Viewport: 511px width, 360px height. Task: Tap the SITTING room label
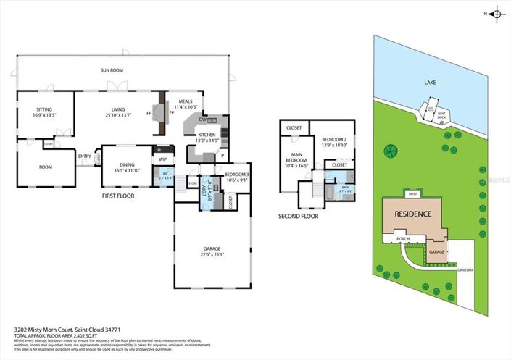44,109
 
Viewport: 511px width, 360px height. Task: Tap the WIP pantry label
163,159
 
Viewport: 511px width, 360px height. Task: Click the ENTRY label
85,155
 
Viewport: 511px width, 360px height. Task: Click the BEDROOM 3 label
237,175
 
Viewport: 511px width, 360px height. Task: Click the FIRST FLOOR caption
120,196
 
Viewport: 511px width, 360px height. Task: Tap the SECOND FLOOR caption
298,216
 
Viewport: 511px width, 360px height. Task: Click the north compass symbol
496,13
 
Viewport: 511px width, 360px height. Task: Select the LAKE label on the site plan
429,83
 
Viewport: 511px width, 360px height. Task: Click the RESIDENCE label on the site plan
413,214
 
